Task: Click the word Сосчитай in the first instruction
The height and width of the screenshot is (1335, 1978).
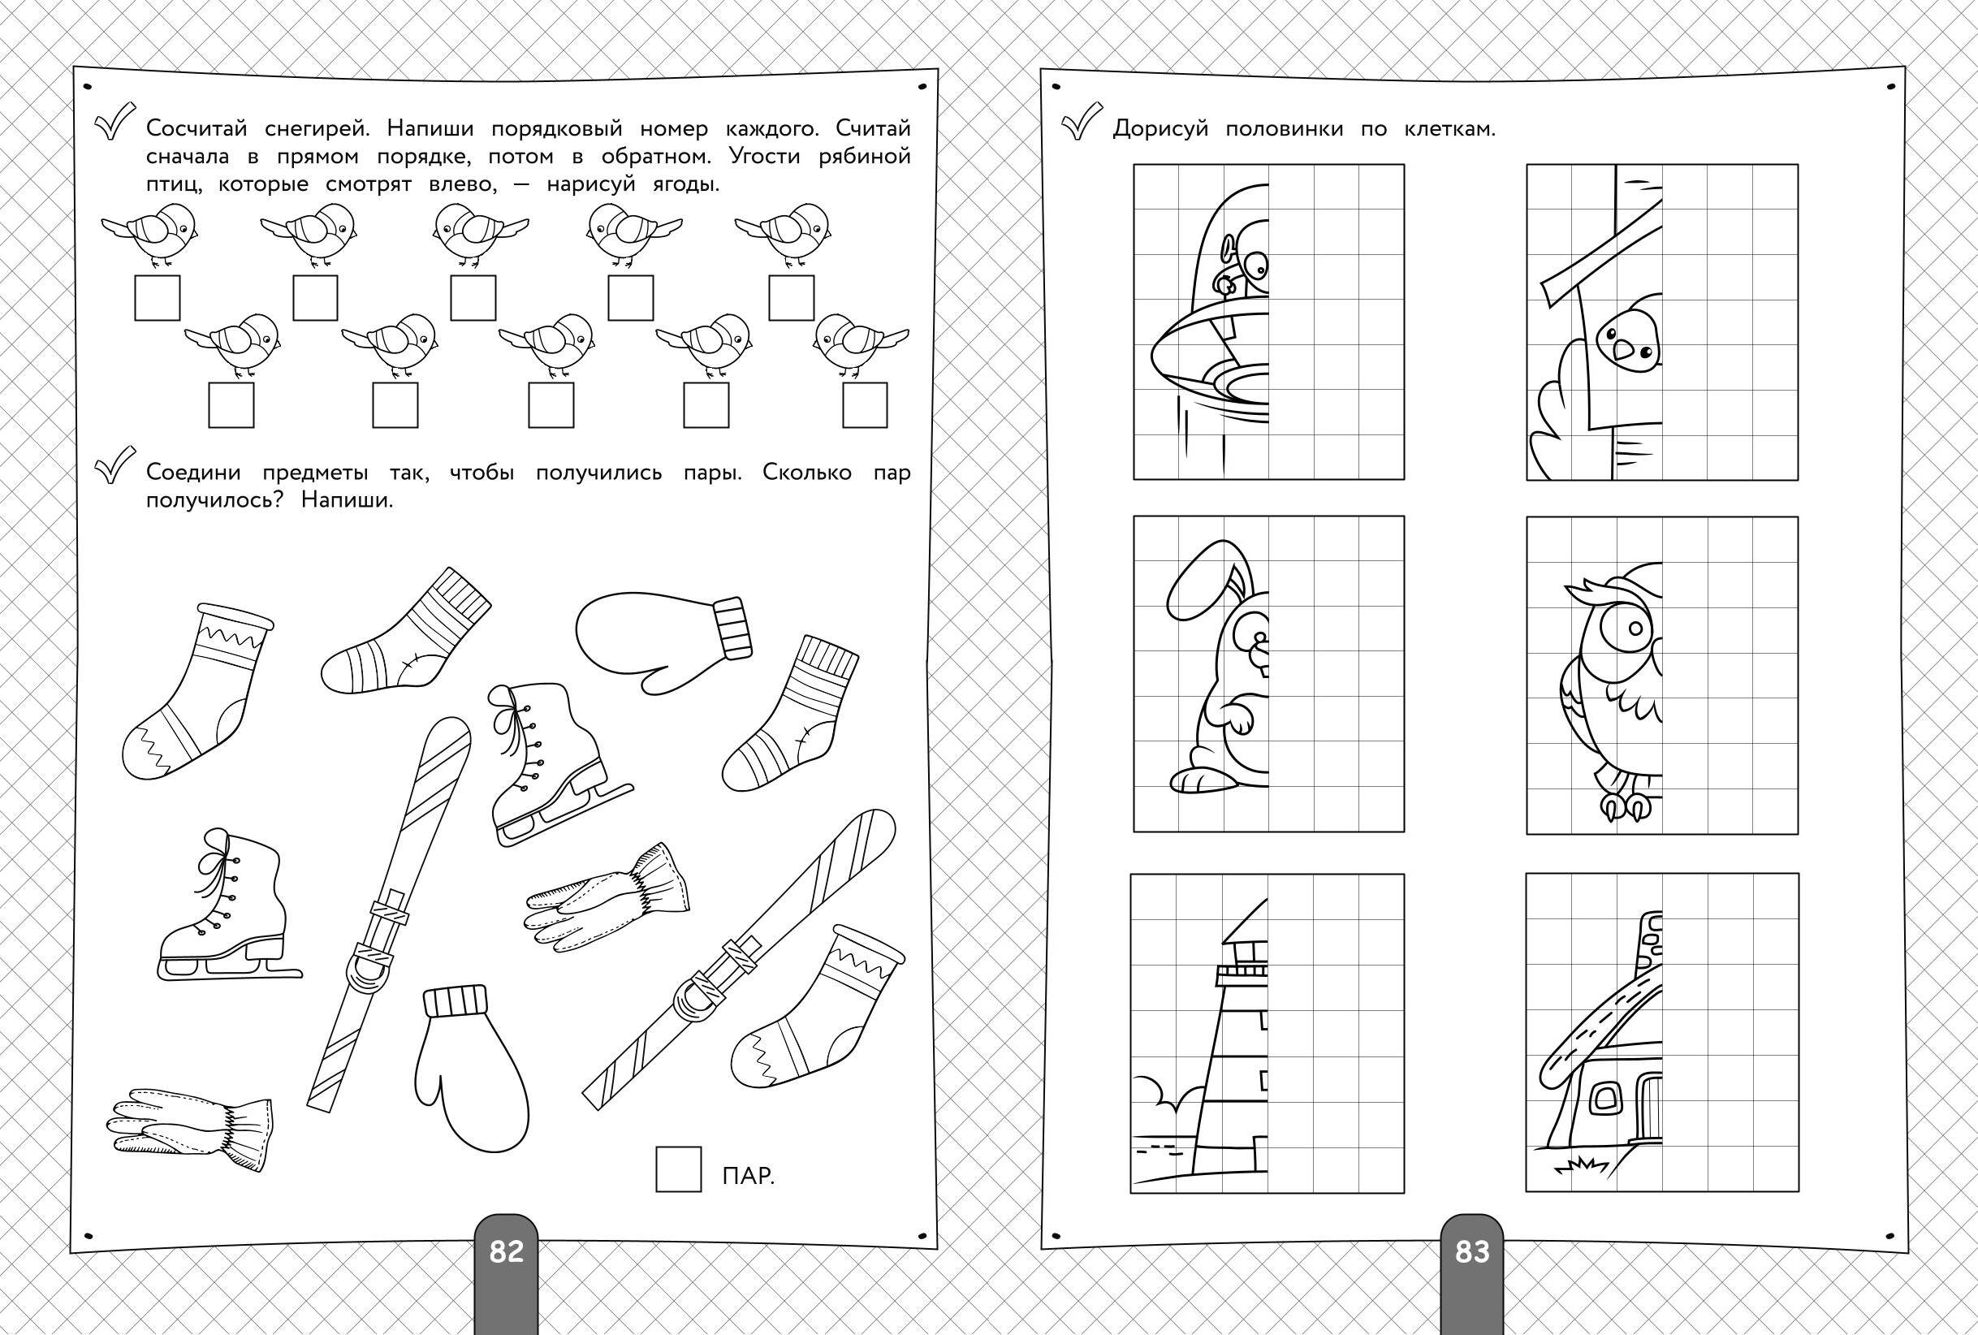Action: [x=197, y=128]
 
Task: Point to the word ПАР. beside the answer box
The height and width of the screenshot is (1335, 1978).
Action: [x=748, y=1177]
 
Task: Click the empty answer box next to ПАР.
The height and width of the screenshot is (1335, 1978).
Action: [x=678, y=1168]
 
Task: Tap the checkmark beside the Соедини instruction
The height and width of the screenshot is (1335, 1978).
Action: [x=115, y=467]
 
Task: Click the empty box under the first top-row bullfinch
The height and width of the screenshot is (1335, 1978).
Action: [x=158, y=298]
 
